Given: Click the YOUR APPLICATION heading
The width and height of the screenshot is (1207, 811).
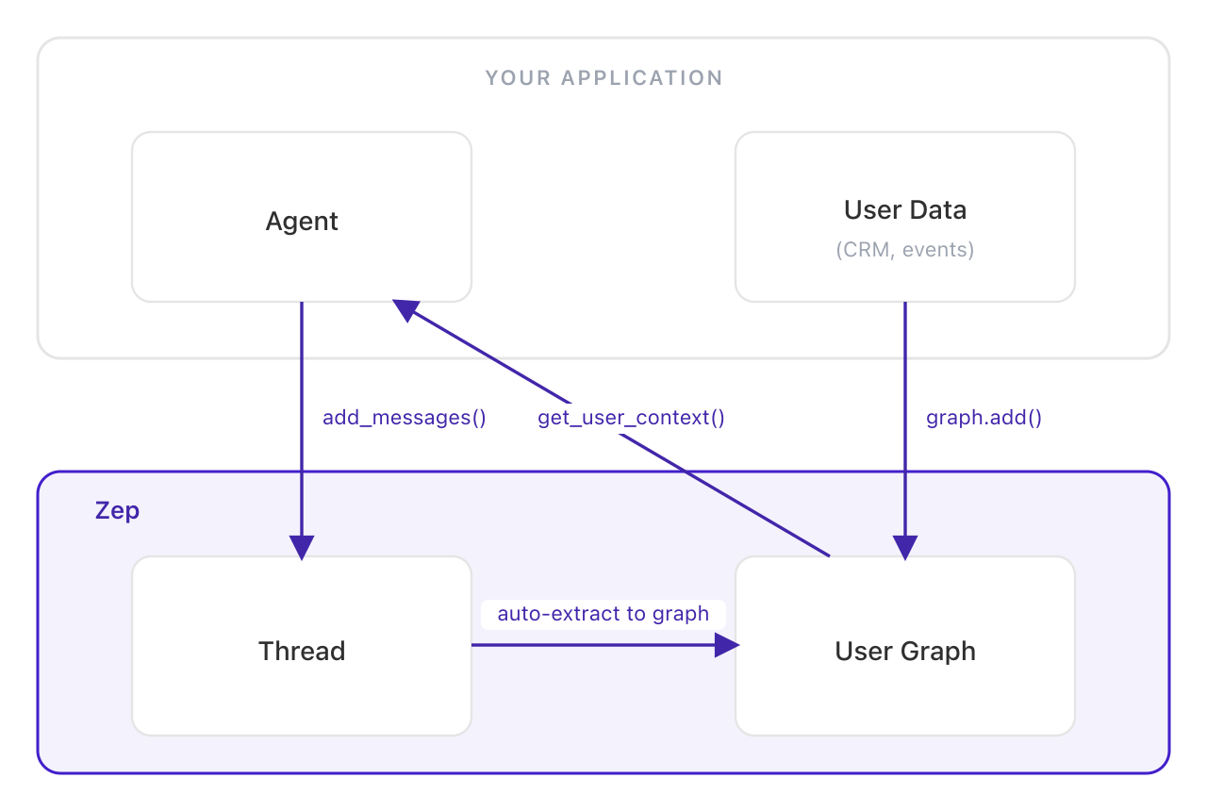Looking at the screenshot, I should (x=603, y=78).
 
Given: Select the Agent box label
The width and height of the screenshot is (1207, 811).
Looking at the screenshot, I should (x=302, y=222).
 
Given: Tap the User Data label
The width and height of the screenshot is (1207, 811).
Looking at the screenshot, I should (x=905, y=209).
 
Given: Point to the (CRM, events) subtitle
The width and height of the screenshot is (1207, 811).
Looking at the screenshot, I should (x=905, y=250).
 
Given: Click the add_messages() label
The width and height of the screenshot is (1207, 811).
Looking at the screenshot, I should (x=404, y=418).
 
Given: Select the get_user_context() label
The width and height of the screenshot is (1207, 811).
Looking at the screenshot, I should (x=631, y=418).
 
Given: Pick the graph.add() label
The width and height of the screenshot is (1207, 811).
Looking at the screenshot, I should (x=984, y=418).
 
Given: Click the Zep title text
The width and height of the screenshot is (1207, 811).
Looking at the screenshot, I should (x=118, y=511).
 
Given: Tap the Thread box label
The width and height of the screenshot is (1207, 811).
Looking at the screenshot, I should (x=302, y=652).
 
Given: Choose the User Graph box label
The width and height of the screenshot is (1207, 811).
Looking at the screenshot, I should (x=905, y=652).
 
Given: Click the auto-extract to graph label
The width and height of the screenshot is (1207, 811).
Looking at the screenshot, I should (x=603, y=614).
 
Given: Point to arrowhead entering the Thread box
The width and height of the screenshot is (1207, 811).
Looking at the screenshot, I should (x=302, y=548).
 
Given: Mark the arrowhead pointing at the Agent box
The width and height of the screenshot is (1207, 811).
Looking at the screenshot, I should (x=406, y=310).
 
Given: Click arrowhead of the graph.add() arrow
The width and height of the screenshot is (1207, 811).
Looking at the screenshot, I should (x=905, y=548).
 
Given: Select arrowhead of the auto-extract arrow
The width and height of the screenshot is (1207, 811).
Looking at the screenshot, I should (x=726, y=645).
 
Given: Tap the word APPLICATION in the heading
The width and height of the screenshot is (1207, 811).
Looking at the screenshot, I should (x=642, y=78).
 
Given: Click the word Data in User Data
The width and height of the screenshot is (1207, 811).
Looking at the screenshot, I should (x=937, y=209).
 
